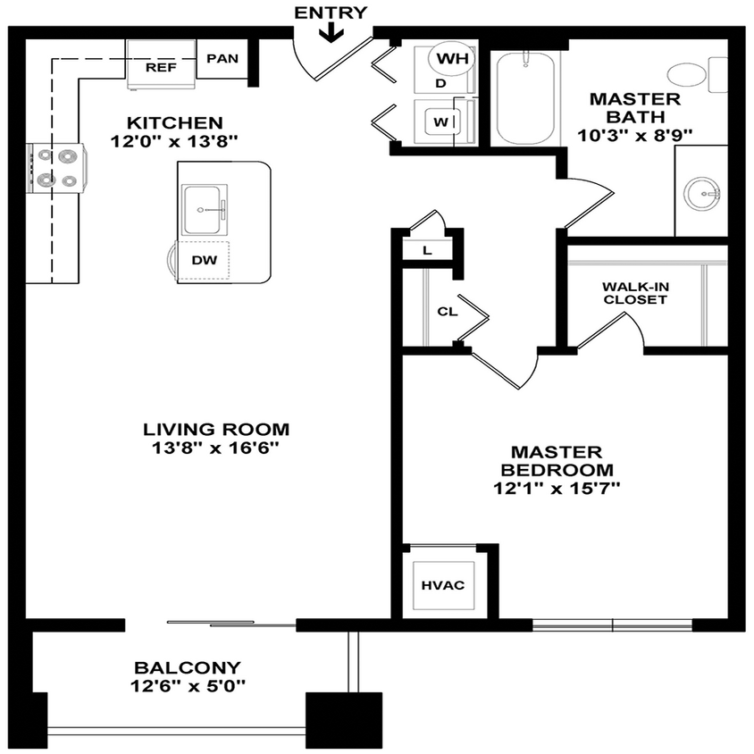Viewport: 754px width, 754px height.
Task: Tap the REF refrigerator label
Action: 161,67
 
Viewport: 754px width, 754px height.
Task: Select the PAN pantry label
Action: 222,59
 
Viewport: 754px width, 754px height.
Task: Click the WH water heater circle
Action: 453,60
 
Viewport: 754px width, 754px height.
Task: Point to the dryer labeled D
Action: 440,83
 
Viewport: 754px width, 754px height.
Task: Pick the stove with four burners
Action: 57,168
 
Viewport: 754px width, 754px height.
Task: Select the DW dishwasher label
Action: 203,260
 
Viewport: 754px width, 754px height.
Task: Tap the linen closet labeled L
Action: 427,250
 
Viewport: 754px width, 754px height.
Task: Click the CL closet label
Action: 448,313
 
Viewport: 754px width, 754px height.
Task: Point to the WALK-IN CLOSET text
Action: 634,293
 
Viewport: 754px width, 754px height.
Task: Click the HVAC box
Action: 443,585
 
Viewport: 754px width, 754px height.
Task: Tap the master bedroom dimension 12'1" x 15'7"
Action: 557,488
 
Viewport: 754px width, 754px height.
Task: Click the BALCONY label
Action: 188,667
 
